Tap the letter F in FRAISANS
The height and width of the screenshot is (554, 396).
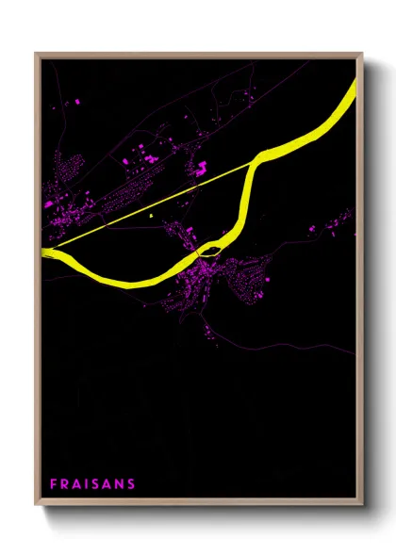54,483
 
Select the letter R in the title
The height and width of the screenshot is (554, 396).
64,483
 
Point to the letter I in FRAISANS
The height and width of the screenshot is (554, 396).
84,483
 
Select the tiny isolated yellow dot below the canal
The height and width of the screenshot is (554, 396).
151,216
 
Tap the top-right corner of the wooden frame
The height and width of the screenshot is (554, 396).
362,54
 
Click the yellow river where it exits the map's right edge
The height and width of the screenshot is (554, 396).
355,90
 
